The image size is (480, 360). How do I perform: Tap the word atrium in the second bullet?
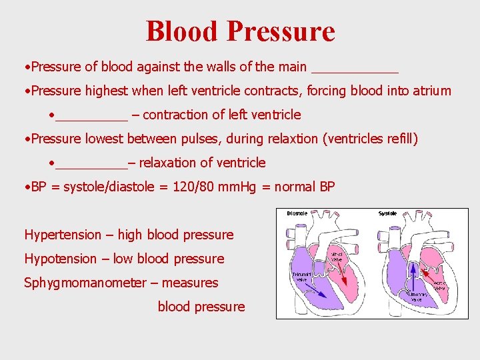tap(429, 91)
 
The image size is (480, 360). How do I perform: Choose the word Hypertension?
tap(62, 235)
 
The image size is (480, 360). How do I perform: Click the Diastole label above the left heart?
tap(297, 213)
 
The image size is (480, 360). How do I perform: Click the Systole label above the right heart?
tap(387, 213)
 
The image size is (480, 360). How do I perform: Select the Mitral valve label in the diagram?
tap(337, 256)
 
